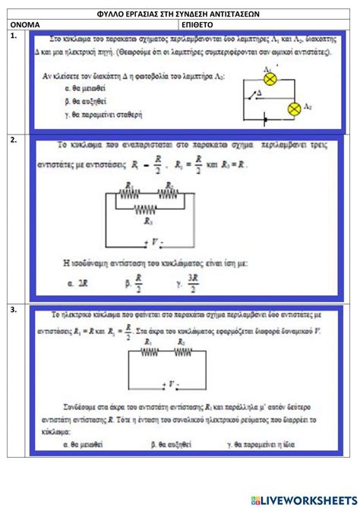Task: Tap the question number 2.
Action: tap(14, 140)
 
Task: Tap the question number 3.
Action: tap(14, 310)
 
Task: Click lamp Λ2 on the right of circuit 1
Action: tap(298, 109)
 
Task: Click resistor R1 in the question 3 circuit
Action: tap(150, 353)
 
